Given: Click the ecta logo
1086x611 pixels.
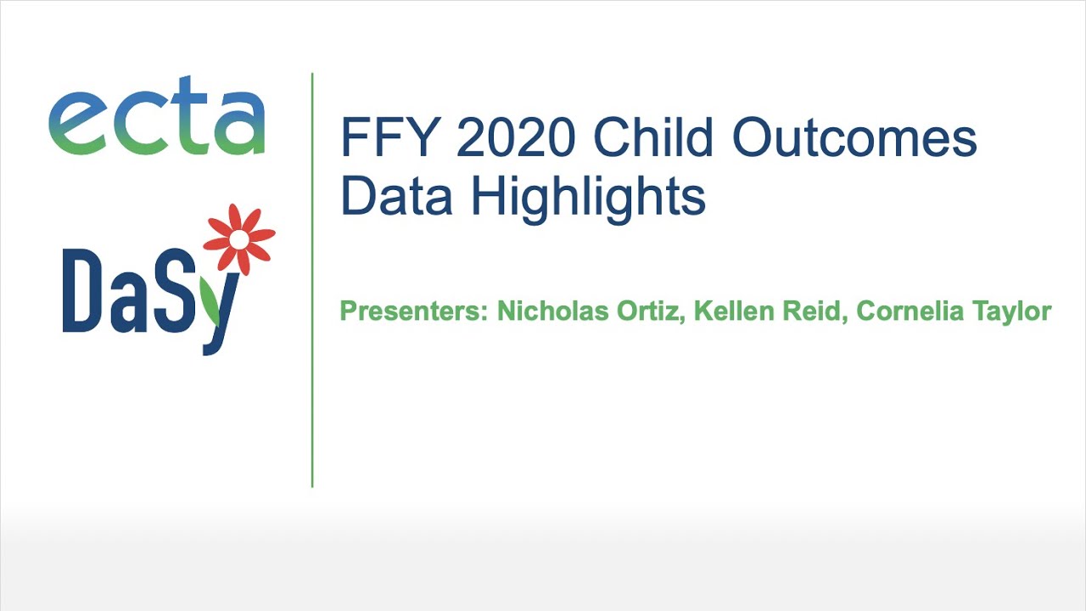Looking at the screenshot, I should pos(157,116).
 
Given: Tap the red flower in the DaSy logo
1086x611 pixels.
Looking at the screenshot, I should pos(239,239).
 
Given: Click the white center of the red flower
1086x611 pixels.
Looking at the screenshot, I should pos(239,240).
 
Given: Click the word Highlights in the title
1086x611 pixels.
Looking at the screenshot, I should pos(589,197).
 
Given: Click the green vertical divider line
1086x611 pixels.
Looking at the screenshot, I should pos(312,280).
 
